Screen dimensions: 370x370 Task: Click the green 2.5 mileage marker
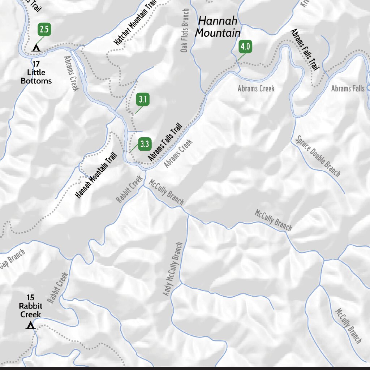click(44, 29)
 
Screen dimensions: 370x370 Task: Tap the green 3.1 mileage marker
click(143, 99)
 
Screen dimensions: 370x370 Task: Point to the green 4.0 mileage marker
click(245, 47)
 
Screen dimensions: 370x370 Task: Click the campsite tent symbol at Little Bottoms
click(36, 48)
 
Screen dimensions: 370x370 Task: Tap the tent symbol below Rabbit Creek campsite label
click(31, 326)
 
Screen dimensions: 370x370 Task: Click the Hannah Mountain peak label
click(218, 27)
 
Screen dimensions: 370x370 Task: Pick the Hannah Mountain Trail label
click(96, 175)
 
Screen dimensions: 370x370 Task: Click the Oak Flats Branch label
click(185, 30)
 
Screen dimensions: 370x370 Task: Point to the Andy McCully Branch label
click(172, 269)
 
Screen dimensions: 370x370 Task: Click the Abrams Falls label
click(348, 88)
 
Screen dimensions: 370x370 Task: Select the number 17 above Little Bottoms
click(36, 64)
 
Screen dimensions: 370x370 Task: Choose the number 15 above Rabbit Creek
click(30, 297)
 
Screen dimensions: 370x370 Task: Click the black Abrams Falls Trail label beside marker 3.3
click(165, 142)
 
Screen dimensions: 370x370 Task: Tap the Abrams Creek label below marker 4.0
click(256, 88)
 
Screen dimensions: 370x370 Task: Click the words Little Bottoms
click(36, 77)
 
